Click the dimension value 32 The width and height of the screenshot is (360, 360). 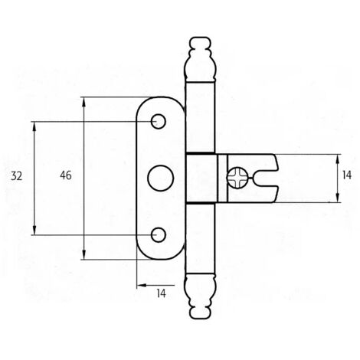click(17, 176)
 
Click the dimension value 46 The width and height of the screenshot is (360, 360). click(66, 175)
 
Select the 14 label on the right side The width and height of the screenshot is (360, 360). click(347, 175)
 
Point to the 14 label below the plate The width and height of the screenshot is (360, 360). click(161, 293)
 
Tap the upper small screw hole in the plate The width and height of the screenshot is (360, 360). click(159, 121)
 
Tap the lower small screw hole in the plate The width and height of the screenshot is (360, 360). click(159, 235)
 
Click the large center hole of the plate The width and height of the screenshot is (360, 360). click(161, 178)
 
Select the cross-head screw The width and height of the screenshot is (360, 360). click(237, 178)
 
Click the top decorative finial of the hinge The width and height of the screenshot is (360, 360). click(200, 60)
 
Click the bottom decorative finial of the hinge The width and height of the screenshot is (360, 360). click(200, 296)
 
